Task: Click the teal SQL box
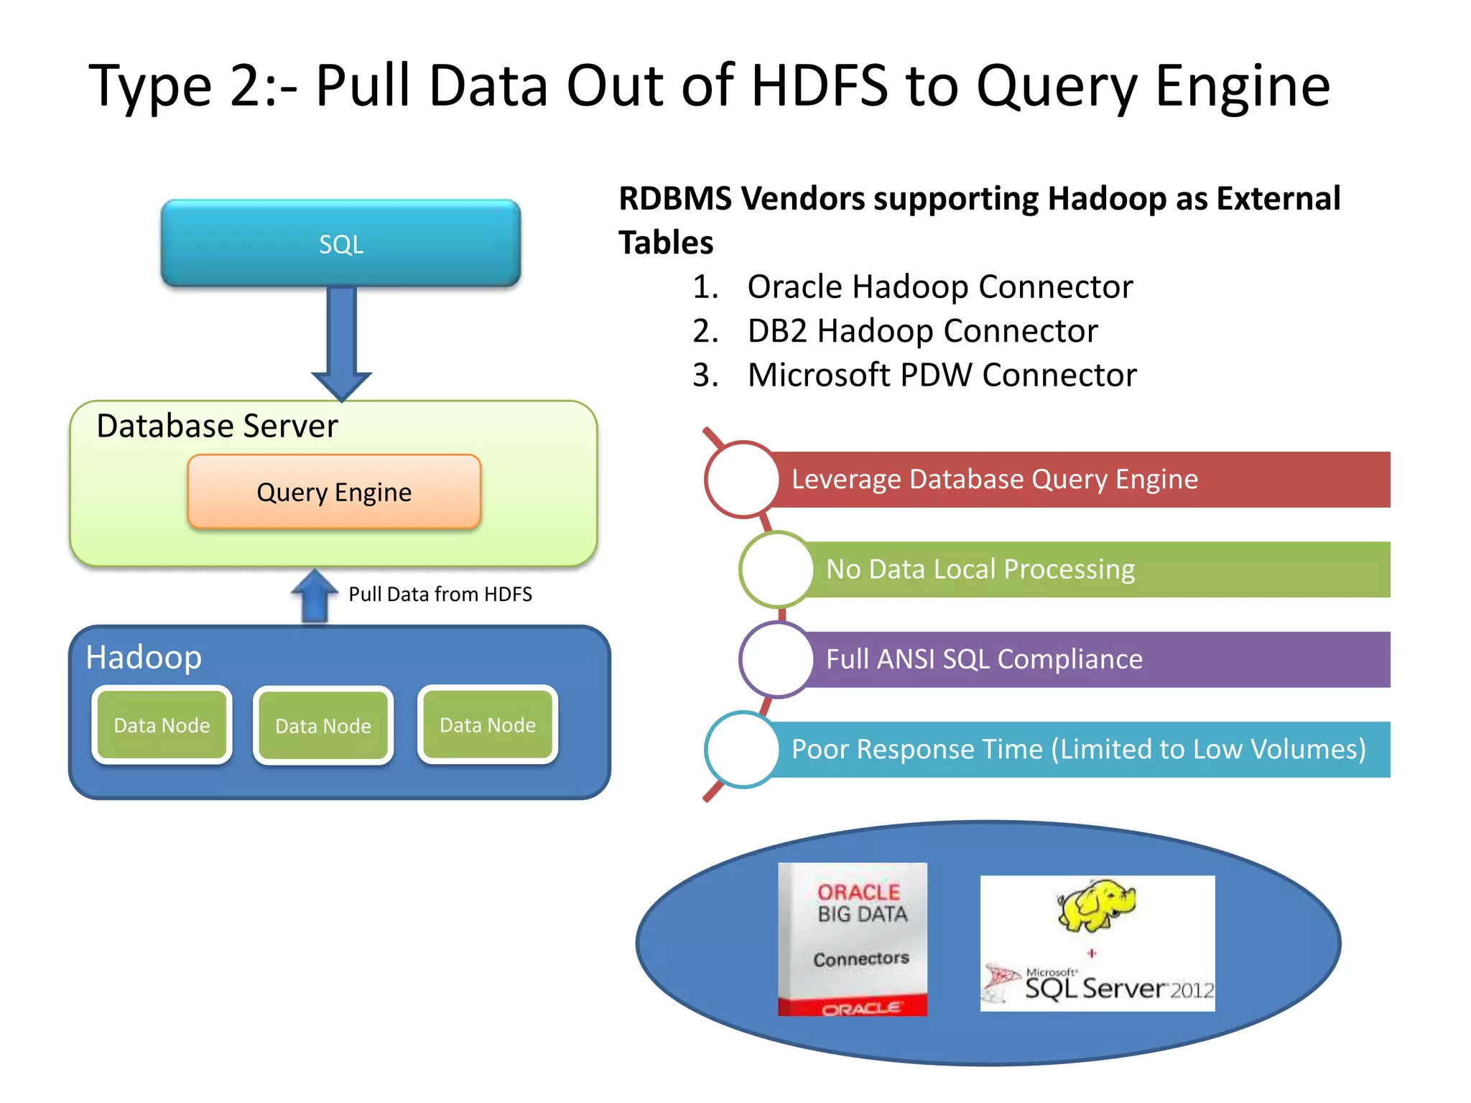pyautogui.click(x=340, y=243)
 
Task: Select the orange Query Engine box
pyautogui.click(x=334, y=492)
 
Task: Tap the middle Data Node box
pyautogui.click(x=323, y=725)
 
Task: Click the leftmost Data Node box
pyautogui.click(x=162, y=725)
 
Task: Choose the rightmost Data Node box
pyautogui.click(x=488, y=725)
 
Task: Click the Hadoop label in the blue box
pyautogui.click(x=144, y=657)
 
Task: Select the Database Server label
pyautogui.click(x=217, y=426)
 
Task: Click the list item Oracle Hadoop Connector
pyautogui.click(x=939, y=287)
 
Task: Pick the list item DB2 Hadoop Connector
pyautogui.click(x=922, y=331)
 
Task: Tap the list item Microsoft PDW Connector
pyautogui.click(x=942, y=375)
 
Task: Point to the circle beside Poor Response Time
pyautogui.click(x=742, y=749)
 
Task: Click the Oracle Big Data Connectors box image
pyautogui.click(x=853, y=939)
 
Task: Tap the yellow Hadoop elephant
pyautogui.click(x=1095, y=905)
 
